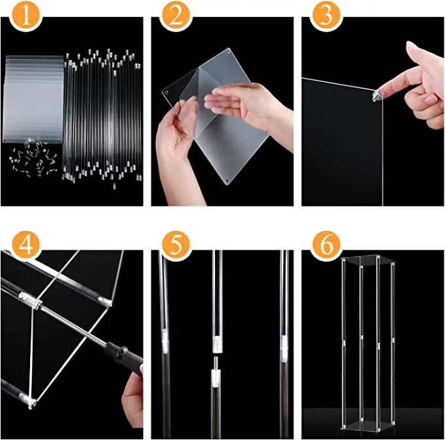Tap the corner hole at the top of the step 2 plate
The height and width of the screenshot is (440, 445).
[x=227, y=50]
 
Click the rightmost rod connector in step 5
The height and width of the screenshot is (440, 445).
[x=284, y=342]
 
